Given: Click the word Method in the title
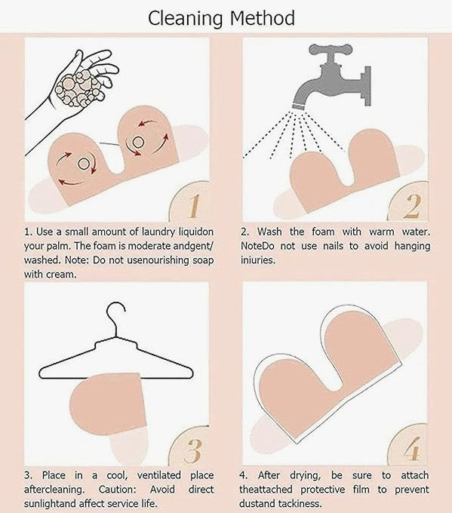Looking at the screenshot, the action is pos(262,18).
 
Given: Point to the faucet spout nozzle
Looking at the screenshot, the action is pos(299,106).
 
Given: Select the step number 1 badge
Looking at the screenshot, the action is pos(189,201).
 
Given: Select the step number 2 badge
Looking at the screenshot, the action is pos(408,202).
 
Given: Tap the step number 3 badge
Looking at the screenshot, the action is pos(189,446).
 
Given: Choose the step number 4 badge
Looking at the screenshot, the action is pos(408,446).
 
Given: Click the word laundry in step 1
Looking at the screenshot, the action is pos(158,232).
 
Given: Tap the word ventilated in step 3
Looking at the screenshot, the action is pos(159,475).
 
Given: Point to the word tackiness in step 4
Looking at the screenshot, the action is pos(300,503).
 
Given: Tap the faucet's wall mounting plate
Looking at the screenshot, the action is pos(367,86).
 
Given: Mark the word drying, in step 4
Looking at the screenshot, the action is pos(305,475).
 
